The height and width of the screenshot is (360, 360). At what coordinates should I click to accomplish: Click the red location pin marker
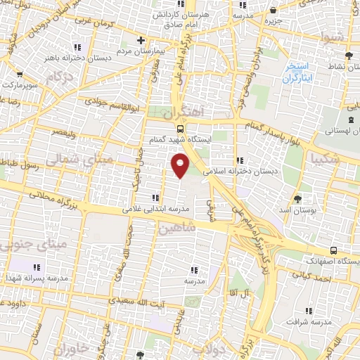click(x=180, y=165)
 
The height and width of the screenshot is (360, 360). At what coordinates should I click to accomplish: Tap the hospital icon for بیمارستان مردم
click(x=141, y=40)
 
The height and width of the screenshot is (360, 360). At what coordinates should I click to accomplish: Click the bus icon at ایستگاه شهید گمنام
click(x=180, y=129)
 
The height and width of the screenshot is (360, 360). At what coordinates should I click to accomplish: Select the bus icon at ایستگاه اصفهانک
click(x=333, y=250)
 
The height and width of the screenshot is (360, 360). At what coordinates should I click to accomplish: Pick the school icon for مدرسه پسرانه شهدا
click(x=37, y=267)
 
